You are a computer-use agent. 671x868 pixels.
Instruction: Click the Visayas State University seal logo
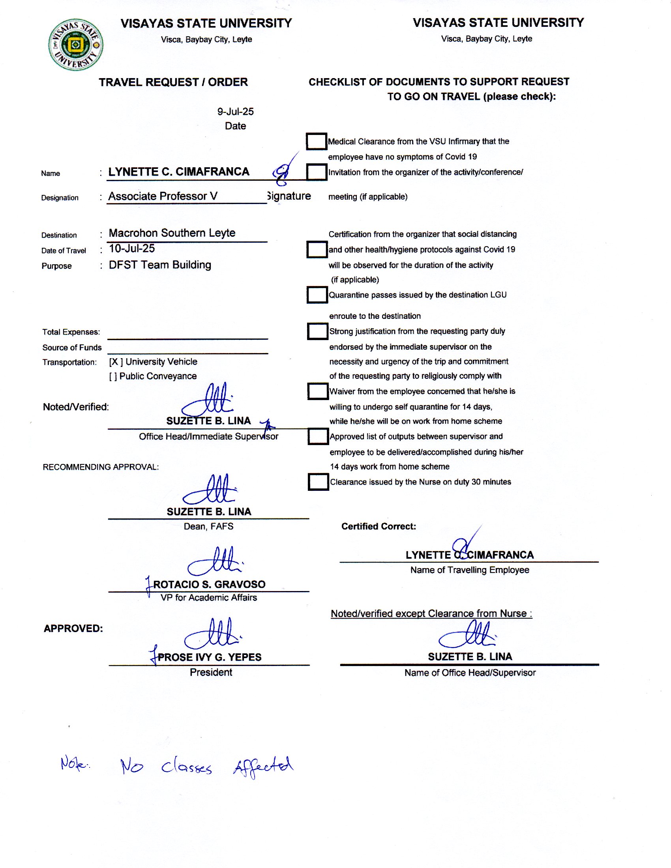[x=75, y=45]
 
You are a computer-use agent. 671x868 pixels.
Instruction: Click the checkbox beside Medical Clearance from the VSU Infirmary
[x=317, y=142]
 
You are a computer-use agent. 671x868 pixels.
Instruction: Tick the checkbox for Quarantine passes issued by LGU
[x=317, y=295]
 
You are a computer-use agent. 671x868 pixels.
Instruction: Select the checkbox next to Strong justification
[x=317, y=331]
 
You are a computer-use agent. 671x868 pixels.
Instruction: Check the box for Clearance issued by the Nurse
[x=318, y=482]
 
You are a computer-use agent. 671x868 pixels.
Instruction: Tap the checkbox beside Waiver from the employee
[x=317, y=391]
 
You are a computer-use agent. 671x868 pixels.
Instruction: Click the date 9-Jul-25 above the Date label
[x=235, y=112]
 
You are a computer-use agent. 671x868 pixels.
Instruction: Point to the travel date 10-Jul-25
[x=132, y=249]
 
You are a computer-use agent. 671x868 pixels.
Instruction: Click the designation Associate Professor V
[x=163, y=196]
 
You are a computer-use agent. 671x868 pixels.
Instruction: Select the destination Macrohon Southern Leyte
[x=172, y=233]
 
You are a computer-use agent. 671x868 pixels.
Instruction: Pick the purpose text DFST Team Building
[x=160, y=265]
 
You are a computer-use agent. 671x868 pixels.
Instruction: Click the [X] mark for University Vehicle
[x=116, y=362]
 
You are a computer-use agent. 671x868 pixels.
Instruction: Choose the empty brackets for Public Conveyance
[x=113, y=376]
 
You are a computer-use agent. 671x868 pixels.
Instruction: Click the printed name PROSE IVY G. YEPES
[x=210, y=657]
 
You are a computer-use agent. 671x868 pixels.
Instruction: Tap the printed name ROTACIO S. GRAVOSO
[x=209, y=584]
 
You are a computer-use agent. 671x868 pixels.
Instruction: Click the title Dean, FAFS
[x=208, y=527]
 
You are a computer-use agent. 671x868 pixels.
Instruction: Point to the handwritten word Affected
[x=263, y=766]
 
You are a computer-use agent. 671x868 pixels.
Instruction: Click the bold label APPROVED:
[x=73, y=629]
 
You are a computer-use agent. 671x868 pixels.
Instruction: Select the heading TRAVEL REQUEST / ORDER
[x=173, y=82]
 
